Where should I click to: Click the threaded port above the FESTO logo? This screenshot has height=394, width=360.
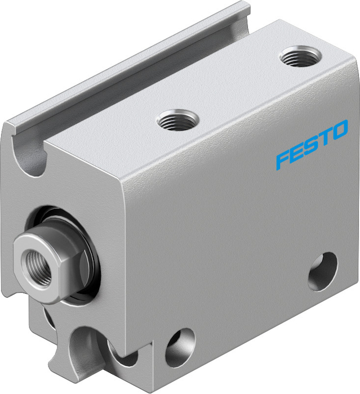[300, 56]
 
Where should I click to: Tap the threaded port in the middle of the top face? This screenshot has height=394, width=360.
[177, 120]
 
